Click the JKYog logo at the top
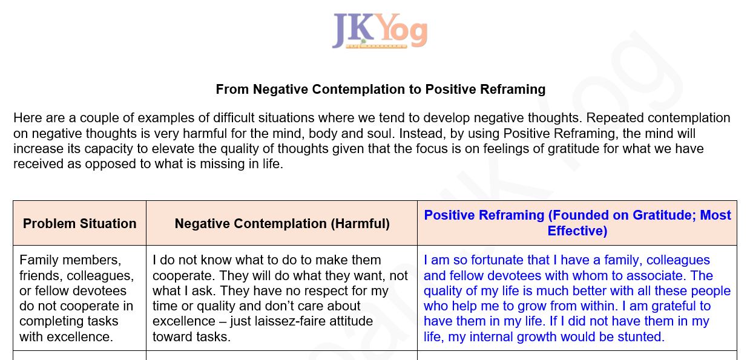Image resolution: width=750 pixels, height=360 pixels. pyautogui.click(x=380, y=31)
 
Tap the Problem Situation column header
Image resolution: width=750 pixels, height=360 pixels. pyautogui.click(x=80, y=223)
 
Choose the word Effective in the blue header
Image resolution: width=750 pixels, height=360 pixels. pyautogui.click(x=577, y=231)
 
